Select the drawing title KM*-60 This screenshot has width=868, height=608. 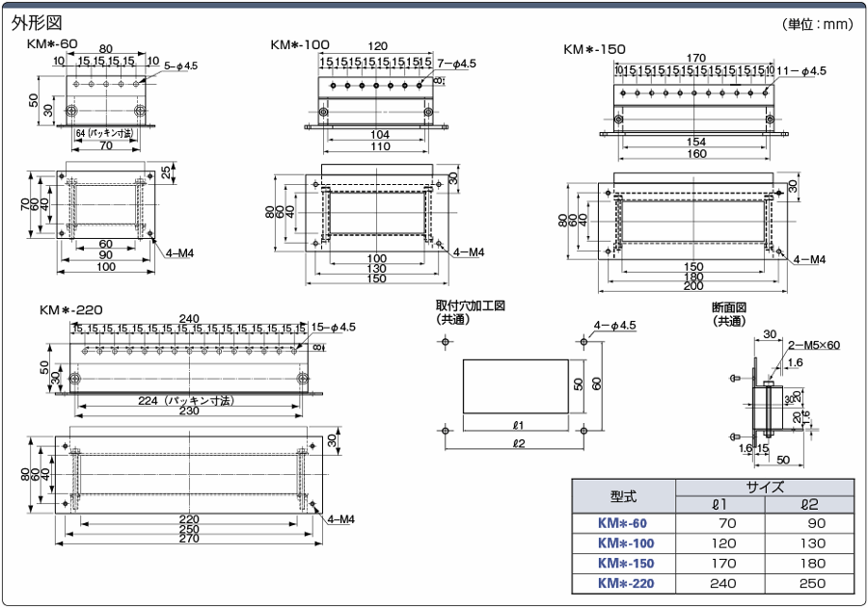tap(53, 44)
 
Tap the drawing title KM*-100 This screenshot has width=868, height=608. tap(300, 44)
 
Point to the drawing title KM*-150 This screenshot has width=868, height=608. tap(594, 49)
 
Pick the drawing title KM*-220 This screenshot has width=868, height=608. tap(71, 310)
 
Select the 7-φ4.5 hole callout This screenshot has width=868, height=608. tap(457, 64)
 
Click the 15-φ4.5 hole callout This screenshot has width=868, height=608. tap(334, 328)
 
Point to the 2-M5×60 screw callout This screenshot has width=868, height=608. tap(813, 345)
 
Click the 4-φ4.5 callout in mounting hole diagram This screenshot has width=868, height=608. tap(615, 326)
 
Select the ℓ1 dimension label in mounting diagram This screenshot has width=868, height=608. tap(518, 425)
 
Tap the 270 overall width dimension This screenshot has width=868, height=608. tap(189, 540)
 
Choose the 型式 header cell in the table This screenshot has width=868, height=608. tap(623, 496)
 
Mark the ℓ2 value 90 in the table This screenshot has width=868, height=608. tap(809, 524)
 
